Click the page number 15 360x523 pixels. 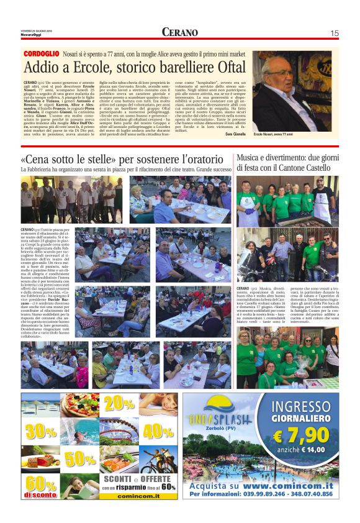point(334,33)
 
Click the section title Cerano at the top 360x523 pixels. point(180,32)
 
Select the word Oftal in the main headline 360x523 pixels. point(223,68)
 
